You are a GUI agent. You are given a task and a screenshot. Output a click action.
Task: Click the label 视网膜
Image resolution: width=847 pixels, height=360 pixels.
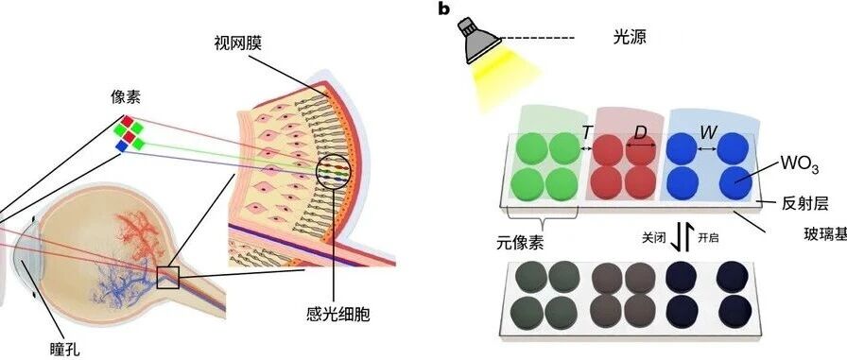[237, 43]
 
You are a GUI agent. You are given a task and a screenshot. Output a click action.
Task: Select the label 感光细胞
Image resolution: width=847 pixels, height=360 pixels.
[337, 315]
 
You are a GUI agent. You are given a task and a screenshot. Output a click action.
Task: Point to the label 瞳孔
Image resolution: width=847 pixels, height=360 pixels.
[63, 349]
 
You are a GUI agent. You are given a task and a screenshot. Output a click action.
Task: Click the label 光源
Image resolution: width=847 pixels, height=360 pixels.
[630, 37]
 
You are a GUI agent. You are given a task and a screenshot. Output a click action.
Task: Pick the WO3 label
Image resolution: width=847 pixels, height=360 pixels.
[798, 164]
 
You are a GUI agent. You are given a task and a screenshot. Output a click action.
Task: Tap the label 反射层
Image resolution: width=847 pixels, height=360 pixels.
[804, 203]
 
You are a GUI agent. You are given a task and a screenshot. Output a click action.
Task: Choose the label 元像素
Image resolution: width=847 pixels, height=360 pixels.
[520, 243]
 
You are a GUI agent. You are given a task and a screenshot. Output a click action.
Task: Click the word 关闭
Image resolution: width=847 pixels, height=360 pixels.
[652, 238]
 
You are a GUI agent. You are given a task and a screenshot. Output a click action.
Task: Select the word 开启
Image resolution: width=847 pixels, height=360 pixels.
[708, 238]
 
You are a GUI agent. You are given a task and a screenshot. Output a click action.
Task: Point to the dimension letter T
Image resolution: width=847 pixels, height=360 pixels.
[587, 132]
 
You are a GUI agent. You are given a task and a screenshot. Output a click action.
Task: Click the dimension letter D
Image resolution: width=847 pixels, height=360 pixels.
[640, 133]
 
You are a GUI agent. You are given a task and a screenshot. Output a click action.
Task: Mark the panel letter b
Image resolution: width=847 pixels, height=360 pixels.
[443, 9]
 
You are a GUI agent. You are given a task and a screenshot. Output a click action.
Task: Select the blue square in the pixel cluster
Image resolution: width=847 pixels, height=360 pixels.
[122, 146]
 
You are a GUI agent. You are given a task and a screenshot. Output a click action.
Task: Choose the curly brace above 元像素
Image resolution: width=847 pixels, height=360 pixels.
[541, 221]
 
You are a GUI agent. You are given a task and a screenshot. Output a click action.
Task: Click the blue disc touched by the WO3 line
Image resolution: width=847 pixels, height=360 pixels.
[735, 182]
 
